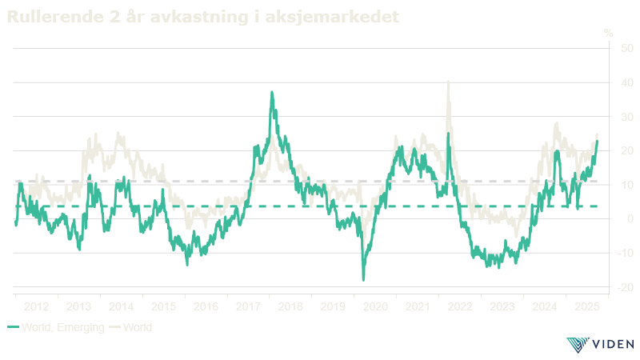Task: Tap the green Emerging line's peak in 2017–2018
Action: pyautogui.click(x=272, y=92)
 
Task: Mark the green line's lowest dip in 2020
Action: pyautogui.click(x=363, y=280)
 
